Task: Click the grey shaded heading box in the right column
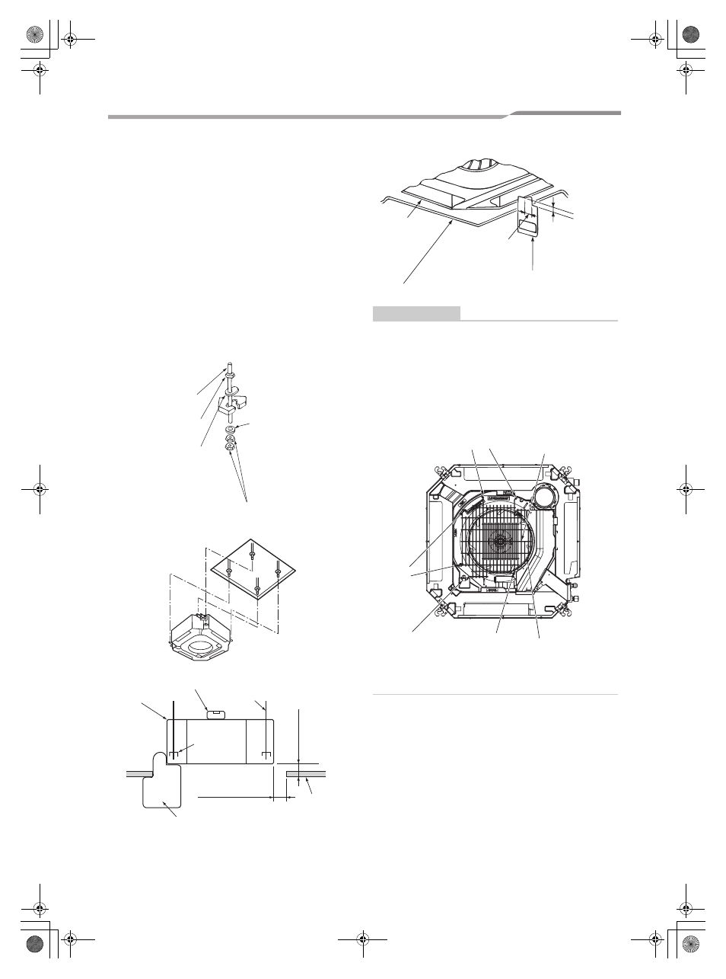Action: click(x=416, y=312)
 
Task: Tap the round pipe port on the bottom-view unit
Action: click(x=543, y=497)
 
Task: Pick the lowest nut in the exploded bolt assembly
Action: click(x=229, y=447)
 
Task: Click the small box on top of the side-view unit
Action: click(x=215, y=713)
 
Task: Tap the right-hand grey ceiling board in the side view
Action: click(x=307, y=773)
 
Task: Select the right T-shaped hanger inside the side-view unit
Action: click(x=266, y=755)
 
